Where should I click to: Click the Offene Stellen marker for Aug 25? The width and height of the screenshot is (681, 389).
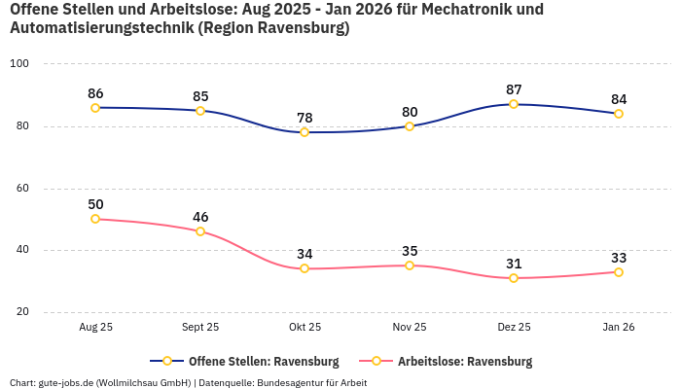(x=95, y=108)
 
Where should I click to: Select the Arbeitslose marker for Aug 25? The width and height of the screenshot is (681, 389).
(x=95, y=219)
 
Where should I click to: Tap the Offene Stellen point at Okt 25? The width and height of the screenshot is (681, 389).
(x=305, y=132)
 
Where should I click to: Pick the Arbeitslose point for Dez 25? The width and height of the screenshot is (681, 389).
(x=514, y=278)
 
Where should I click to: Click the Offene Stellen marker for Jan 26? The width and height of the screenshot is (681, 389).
(x=619, y=114)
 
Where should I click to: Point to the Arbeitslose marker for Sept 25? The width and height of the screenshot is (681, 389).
(x=200, y=231)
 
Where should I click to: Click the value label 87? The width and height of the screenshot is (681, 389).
(x=514, y=89)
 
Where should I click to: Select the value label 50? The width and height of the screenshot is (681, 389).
(x=95, y=204)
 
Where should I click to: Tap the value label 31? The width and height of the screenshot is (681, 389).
(x=514, y=264)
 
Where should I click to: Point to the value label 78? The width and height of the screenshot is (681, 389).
(x=305, y=118)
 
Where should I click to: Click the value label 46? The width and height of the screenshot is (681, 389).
(x=200, y=217)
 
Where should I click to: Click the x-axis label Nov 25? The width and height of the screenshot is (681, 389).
(x=410, y=328)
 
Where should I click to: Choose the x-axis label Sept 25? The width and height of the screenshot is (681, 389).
(x=200, y=328)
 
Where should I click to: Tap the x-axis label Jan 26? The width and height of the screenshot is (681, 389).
(x=619, y=328)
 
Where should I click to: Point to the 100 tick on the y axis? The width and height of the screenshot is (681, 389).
(x=19, y=64)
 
